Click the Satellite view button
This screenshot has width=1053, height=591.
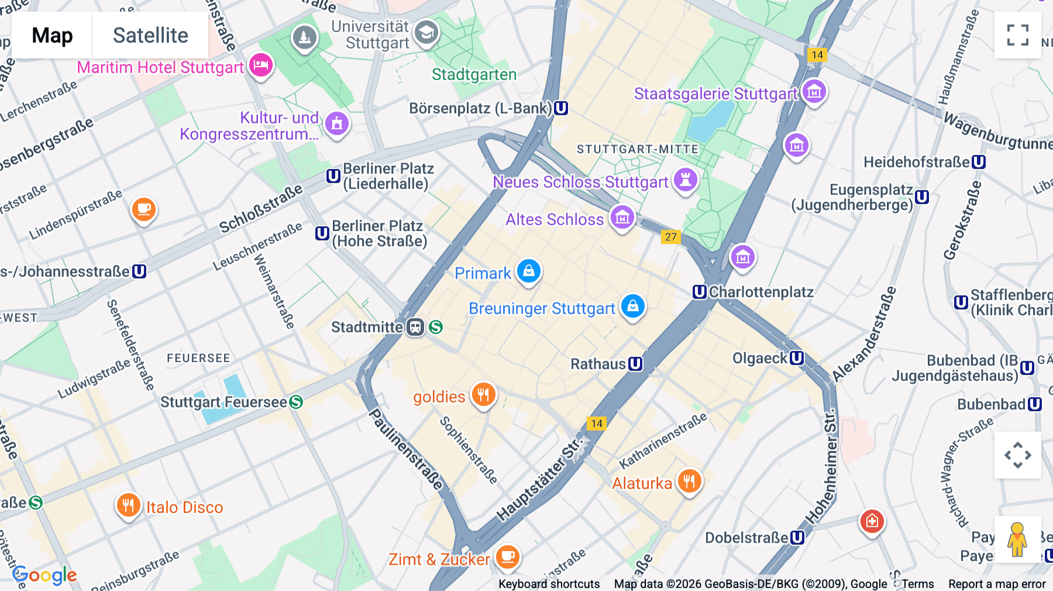[x=150, y=35]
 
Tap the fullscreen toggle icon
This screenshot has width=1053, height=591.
[x=1017, y=35]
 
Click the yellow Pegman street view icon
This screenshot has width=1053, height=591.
[x=1017, y=540]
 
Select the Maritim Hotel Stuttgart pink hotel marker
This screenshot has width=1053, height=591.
[x=261, y=65]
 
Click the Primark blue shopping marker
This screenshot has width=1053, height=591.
[x=529, y=271]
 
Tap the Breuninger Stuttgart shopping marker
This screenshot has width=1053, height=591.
[x=632, y=306]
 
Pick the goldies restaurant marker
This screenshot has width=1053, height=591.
[x=483, y=395]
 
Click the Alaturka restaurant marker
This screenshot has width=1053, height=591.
[x=690, y=482]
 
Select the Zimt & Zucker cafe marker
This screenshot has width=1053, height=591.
[x=507, y=556]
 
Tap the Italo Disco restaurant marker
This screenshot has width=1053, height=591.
[x=128, y=504]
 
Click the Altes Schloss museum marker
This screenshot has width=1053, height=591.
[x=622, y=218]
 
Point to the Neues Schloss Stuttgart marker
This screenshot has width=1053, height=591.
[x=686, y=180]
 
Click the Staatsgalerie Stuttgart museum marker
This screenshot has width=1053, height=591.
[x=814, y=91]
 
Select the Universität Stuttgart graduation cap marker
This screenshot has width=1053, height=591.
[x=426, y=33]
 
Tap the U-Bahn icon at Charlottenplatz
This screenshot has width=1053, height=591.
[x=700, y=292]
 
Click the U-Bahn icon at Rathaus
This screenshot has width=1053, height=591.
[x=635, y=364]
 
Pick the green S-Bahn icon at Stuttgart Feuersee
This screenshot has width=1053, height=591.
[x=296, y=402]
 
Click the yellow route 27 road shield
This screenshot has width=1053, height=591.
[x=670, y=237]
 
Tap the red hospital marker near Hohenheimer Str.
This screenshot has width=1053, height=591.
[x=872, y=520]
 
